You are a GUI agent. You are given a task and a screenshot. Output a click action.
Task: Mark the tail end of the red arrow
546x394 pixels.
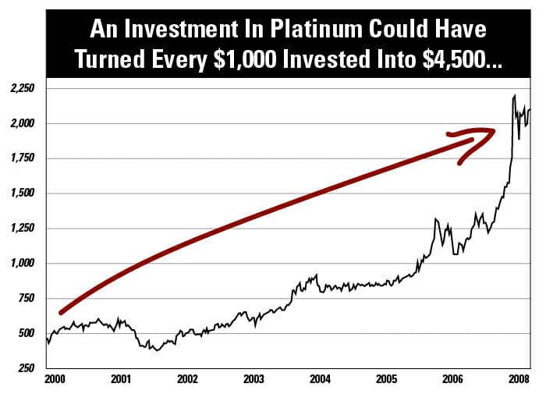pyautogui.click(x=62, y=312)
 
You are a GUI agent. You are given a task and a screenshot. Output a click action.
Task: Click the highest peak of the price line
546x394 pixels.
pyautogui.click(x=514, y=96)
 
